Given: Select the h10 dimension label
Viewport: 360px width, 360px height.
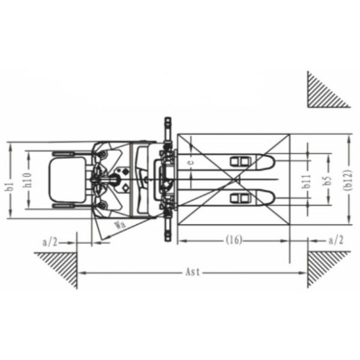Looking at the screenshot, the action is point(28,180).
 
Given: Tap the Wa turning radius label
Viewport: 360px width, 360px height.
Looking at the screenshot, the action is point(121,224).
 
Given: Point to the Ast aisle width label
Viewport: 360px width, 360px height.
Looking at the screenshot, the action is point(193,272).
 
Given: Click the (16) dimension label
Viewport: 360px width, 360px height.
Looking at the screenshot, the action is point(234,240).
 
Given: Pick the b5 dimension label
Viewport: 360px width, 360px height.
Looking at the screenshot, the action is point(329,181).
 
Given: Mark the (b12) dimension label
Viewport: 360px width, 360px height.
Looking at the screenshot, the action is point(348,180).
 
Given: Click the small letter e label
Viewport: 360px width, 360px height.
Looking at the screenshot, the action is point(191,163).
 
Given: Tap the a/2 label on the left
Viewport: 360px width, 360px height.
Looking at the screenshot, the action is point(50,242).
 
